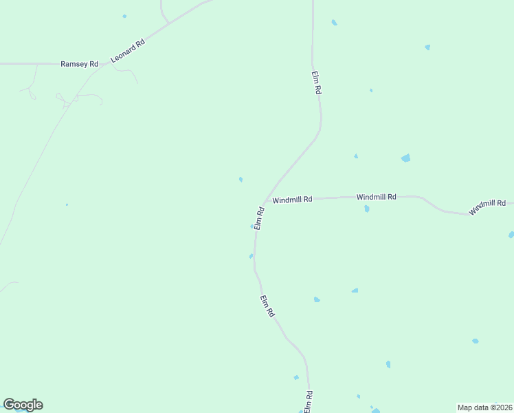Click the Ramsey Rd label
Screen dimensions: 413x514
click(x=79, y=64)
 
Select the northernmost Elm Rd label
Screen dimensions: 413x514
click(x=317, y=82)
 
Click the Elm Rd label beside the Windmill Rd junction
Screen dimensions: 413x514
click(x=260, y=218)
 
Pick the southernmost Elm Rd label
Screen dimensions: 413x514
click(x=309, y=401)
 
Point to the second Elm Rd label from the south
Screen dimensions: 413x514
click(x=268, y=306)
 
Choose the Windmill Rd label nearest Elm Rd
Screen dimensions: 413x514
click(x=292, y=200)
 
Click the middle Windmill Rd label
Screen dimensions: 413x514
click(x=377, y=197)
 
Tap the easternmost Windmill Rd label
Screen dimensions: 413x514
click(x=487, y=206)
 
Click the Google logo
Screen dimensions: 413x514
click(x=23, y=405)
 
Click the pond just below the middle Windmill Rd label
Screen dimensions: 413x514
click(x=367, y=208)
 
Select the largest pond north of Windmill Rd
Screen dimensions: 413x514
click(x=405, y=158)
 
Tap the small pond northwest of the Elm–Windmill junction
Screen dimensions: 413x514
click(x=241, y=180)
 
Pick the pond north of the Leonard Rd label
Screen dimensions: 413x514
click(x=124, y=16)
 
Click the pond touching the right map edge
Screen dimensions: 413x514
click(x=511, y=235)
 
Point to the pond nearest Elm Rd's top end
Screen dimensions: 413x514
click(x=334, y=23)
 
